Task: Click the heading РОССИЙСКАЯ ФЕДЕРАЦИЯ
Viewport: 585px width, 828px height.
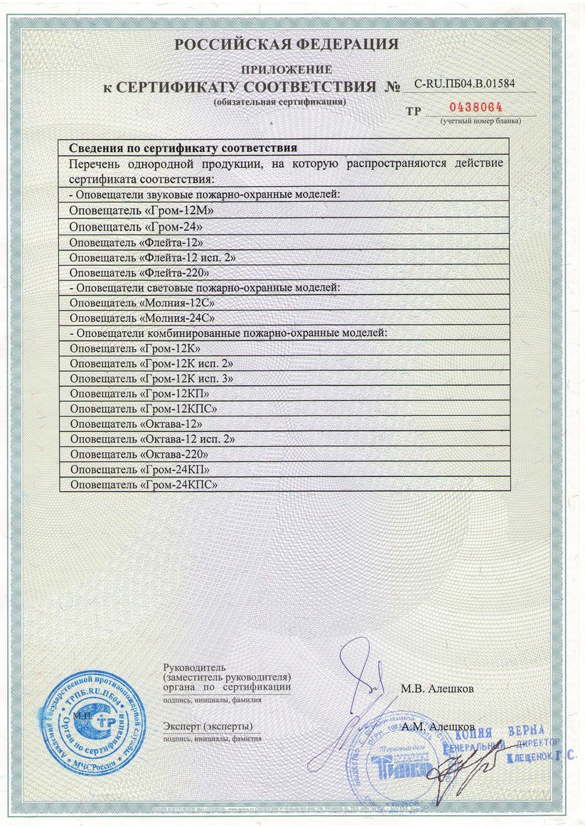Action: pyautogui.click(x=286, y=45)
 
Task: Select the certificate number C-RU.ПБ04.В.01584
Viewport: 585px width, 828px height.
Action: pyautogui.click(x=464, y=84)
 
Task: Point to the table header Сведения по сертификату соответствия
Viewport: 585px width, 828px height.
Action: pyautogui.click(x=183, y=148)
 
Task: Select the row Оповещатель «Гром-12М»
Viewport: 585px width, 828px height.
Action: pyautogui.click(x=142, y=211)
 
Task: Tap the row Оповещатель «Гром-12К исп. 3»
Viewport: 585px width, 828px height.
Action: pyautogui.click(x=152, y=378)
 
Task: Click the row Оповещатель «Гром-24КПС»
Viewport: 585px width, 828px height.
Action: pyautogui.click(x=144, y=485)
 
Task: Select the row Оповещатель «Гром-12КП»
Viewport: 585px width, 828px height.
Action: pyautogui.click(x=141, y=393)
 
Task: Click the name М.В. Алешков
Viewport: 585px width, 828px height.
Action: pyautogui.click(x=437, y=689)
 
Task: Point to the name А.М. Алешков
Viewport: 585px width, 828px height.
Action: pyautogui.click(x=438, y=727)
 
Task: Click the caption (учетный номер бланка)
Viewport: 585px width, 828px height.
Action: pyautogui.click(x=481, y=121)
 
